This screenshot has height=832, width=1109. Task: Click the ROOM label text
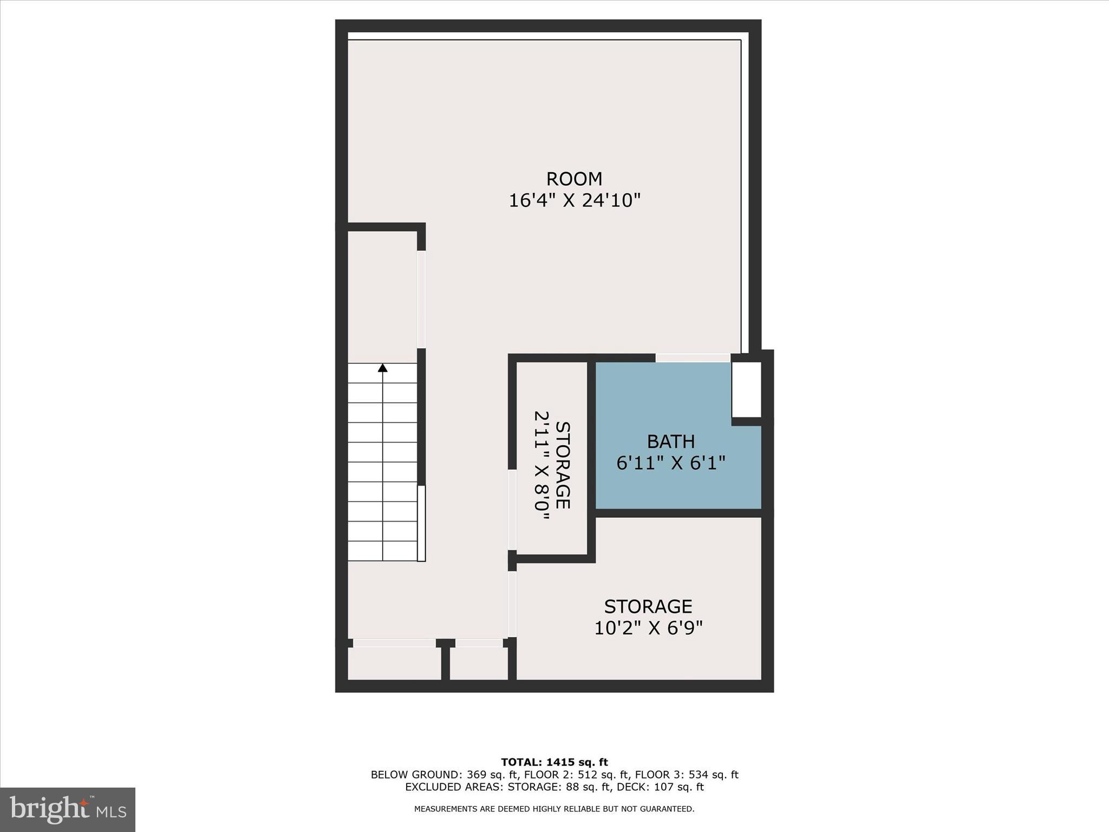574,179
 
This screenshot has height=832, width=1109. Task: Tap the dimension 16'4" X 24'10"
574,201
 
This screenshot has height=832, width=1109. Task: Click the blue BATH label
670,442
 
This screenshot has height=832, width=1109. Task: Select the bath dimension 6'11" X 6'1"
670,463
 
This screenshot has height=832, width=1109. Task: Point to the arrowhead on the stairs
383,368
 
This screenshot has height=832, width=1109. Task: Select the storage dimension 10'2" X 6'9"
648,628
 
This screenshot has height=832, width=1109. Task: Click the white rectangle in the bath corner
746,389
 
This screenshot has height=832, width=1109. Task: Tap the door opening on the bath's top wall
693,358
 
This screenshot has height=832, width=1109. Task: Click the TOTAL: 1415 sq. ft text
554,763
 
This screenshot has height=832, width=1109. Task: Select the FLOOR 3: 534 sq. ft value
686,775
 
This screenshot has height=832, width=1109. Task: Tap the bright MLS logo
67,809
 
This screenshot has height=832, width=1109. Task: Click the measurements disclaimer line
554,809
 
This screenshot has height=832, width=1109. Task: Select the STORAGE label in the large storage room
648,606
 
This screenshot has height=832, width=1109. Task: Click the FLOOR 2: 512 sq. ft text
574,775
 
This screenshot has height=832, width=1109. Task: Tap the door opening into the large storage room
512,604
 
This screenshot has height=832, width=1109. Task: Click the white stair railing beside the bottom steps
421,523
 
